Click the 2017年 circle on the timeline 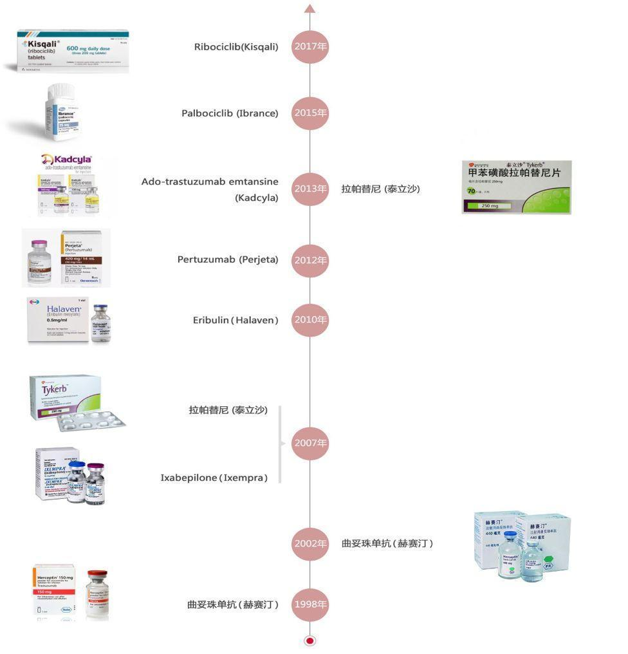tap(310, 46)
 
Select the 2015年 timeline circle tap(310, 113)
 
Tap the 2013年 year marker tap(310, 189)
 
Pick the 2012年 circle tap(310, 260)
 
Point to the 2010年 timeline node tap(310, 319)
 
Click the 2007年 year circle tap(310, 443)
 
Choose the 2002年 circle tap(310, 543)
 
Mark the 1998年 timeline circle tap(310, 604)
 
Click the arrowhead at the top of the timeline tap(310, 8)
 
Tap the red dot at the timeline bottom tap(310, 640)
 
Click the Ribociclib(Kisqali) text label tap(236, 46)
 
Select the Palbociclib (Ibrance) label tap(230, 113)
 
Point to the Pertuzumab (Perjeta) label tap(228, 260)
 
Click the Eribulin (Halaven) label tap(235, 320)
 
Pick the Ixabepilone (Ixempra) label tap(214, 478)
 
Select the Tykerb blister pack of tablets tap(90, 422)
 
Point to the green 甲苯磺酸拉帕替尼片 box tap(517, 187)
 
